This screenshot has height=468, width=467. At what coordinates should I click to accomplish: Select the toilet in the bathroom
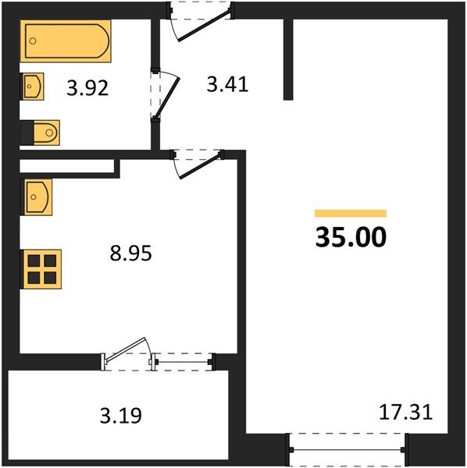tap(42, 133)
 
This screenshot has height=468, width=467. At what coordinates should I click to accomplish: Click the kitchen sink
tap(37, 196)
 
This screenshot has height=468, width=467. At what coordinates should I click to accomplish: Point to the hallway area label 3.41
tap(226, 83)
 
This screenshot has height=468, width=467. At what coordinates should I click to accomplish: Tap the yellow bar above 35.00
tap(351, 213)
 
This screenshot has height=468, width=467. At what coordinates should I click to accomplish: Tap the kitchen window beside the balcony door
tap(183, 360)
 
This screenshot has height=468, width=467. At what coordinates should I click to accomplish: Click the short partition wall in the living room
tap(288, 58)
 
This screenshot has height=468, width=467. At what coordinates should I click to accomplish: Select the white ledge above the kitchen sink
tap(66, 165)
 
